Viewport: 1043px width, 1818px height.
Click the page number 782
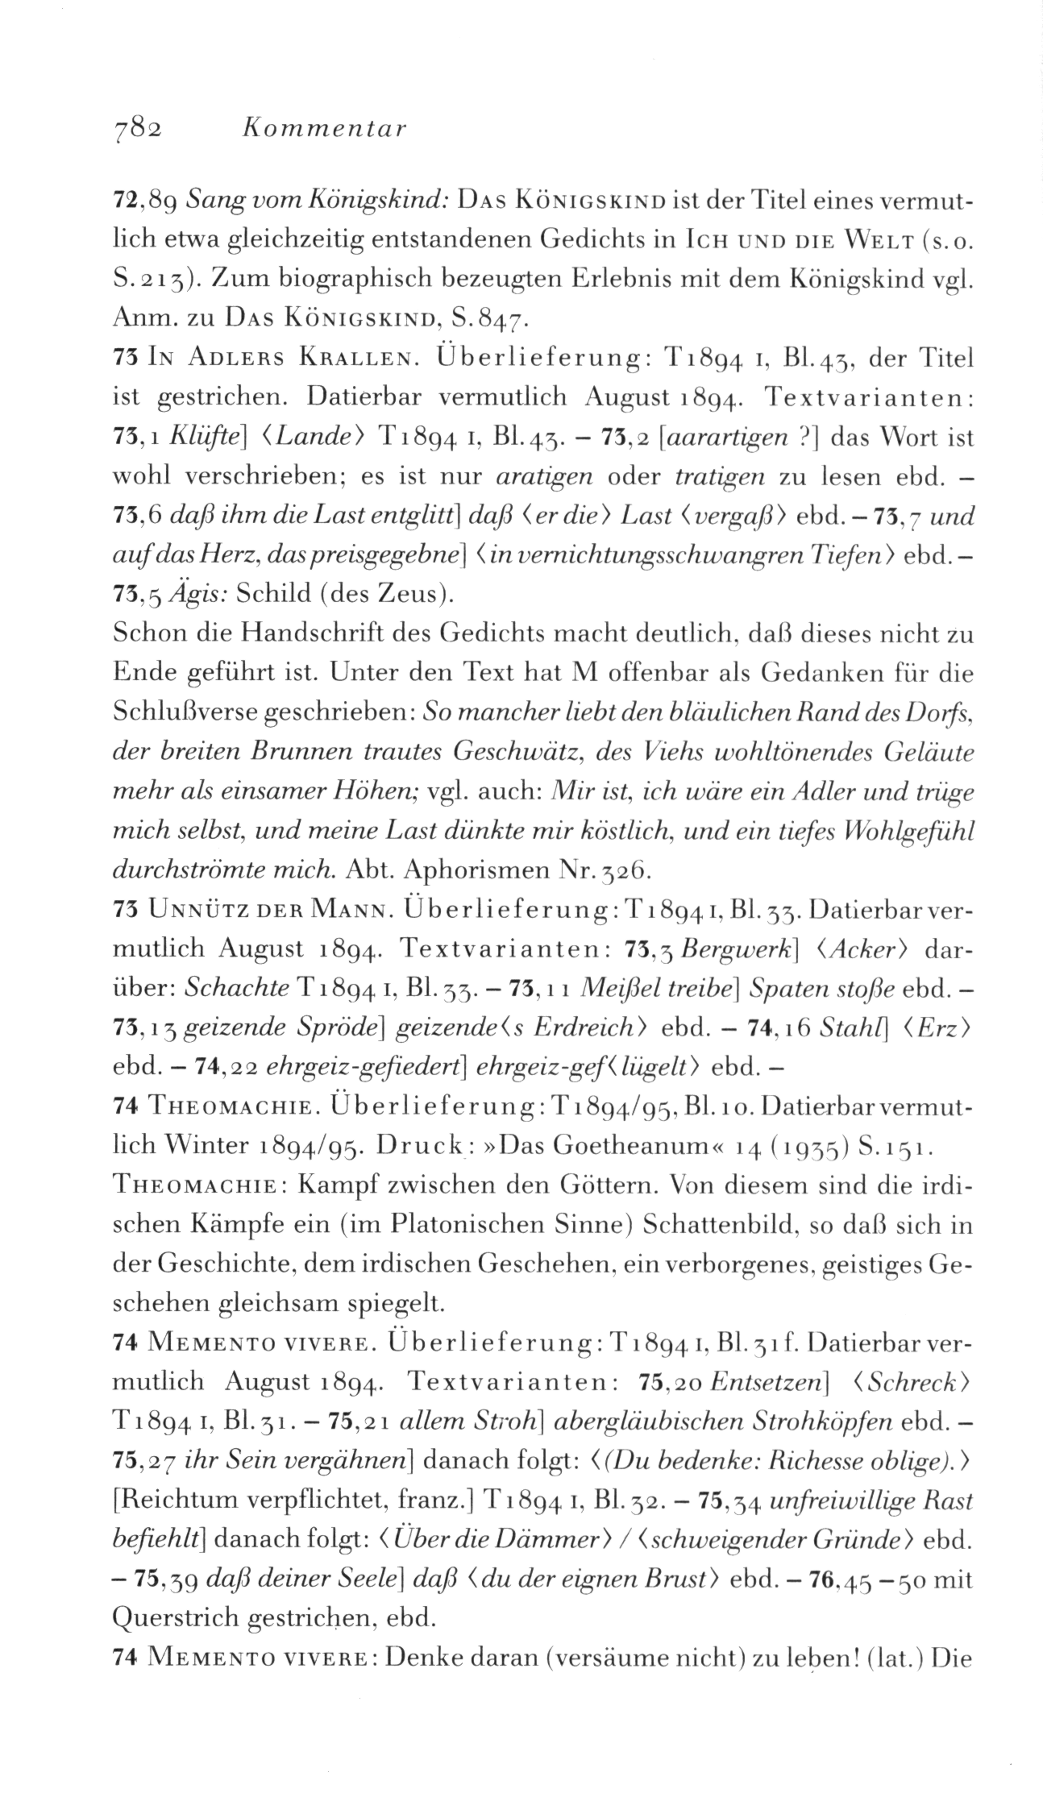tap(138, 128)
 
